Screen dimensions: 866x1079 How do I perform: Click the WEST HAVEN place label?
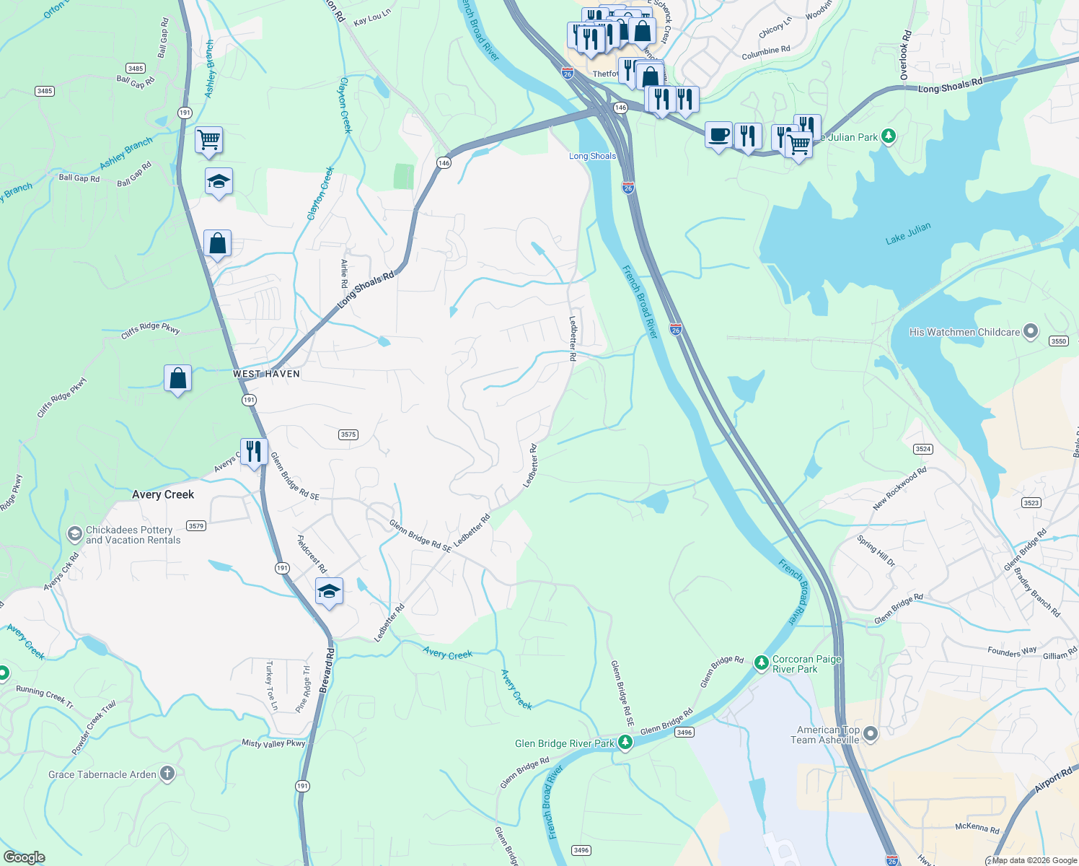pyautogui.click(x=266, y=374)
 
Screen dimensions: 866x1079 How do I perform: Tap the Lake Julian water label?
pyautogui.click(x=908, y=233)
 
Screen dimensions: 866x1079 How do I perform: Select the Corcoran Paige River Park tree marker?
pyautogui.click(x=761, y=662)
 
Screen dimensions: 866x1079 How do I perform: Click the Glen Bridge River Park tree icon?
pyautogui.click(x=625, y=742)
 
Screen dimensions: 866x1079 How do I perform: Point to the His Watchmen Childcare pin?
pyautogui.click(x=1031, y=331)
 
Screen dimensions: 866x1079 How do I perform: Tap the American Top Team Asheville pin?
pyautogui.click(x=871, y=734)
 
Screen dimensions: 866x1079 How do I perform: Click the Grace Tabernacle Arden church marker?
pyautogui.click(x=167, y=774)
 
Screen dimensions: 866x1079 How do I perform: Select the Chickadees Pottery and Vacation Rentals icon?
pyautogui.click(x=74, y=534)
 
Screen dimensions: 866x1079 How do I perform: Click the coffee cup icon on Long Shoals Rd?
pyautogui.click(x=718, y=135)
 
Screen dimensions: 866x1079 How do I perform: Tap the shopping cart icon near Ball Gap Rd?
pyautogui.click(x=208, y=139)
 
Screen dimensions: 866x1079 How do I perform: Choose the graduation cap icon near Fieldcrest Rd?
pyautogui.click(x=329, y=591)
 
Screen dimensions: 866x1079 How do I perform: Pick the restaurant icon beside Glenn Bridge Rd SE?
pyautogui.click(x=254, y=451)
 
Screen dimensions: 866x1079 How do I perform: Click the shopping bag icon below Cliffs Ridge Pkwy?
pyautogui.click(x=177, y=377)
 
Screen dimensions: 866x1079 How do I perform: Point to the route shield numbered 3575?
pyautogui.click(x=348, y=434)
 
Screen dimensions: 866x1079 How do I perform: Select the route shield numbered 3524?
pyautogui.click(x=923, y=449)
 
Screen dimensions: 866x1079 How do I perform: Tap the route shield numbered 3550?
pyautogui.click(x=1058, y=341)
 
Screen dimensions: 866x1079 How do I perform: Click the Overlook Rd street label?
pyautogui.click(x=905, y=55)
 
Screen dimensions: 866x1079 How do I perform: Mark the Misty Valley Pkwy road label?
pyautogui.click(x=273, y=743)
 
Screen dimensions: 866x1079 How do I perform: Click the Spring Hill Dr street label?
pyautogui.click(x=876, y=551)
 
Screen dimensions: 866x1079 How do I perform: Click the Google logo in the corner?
pyautogui.click(x=25, y=857)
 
